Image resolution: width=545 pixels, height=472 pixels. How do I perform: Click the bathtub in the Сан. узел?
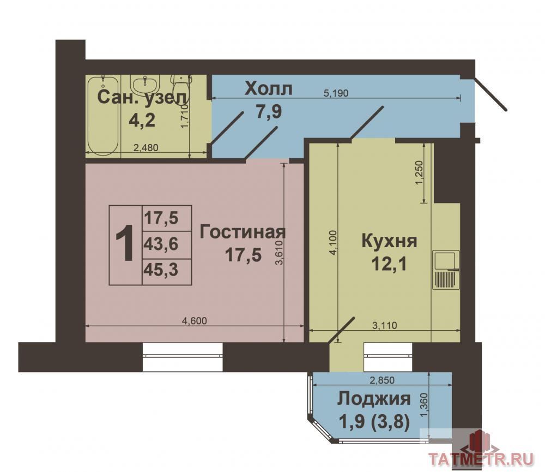pyautogui.click(x=103, y=117)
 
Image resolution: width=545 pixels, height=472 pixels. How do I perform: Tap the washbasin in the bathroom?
pyautogui.click(x=146, y=84)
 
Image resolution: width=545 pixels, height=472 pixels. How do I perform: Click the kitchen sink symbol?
pyautogui.click(x=446, y=270)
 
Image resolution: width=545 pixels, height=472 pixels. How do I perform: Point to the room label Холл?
pyautogui.click(x=268, y=89)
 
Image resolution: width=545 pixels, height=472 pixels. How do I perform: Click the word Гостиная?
pyautogui.click(x=243, y=232)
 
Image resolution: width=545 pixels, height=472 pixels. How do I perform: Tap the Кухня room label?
pyautogui.click(x=389, y=241)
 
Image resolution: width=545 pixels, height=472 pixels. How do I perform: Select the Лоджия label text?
pyautogui.click(x=374, y=399)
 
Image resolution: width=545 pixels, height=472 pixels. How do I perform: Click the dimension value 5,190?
pyautogui.click(x=336, y=93)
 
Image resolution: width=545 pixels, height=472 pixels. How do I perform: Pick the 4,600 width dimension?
pyautogui.click(x=195, y=321)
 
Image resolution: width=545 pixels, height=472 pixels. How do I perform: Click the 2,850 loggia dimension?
pyautogui.click(x=382, y=380)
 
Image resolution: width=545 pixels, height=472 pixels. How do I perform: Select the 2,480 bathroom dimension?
pyautogui.click(x=146, y=147)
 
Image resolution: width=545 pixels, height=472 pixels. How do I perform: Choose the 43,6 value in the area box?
pyautogui.click(x=161, y=244)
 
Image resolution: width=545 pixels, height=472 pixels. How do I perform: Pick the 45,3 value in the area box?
pyautogui.click(x=161, y=270)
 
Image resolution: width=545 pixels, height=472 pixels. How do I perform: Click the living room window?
pyautogui.click(x=183, y=357)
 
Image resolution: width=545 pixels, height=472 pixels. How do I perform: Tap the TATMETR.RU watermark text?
pyautogui.click(x=481, y=459)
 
